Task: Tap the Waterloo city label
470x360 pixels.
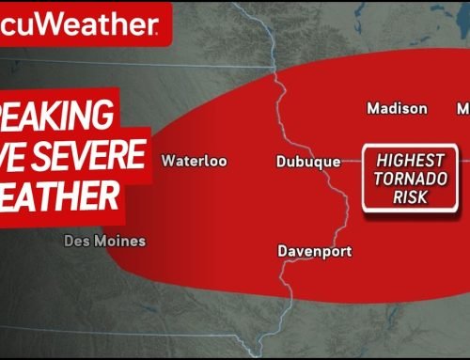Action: [195, 161]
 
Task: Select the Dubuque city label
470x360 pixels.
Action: [308, 162]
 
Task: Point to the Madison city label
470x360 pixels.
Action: [397, 108]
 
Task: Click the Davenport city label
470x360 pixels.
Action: [315, 251]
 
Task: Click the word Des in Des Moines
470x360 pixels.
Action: [77, 241]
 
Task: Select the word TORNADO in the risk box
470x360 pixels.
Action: [415, 180]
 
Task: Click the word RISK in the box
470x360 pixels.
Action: [415, 198]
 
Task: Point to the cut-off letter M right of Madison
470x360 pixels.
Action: [462, 108]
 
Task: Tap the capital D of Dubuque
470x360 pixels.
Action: [282, 162]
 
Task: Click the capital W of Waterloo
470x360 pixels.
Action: [167, 161]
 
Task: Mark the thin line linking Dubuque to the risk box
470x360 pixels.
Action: [352, 162]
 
